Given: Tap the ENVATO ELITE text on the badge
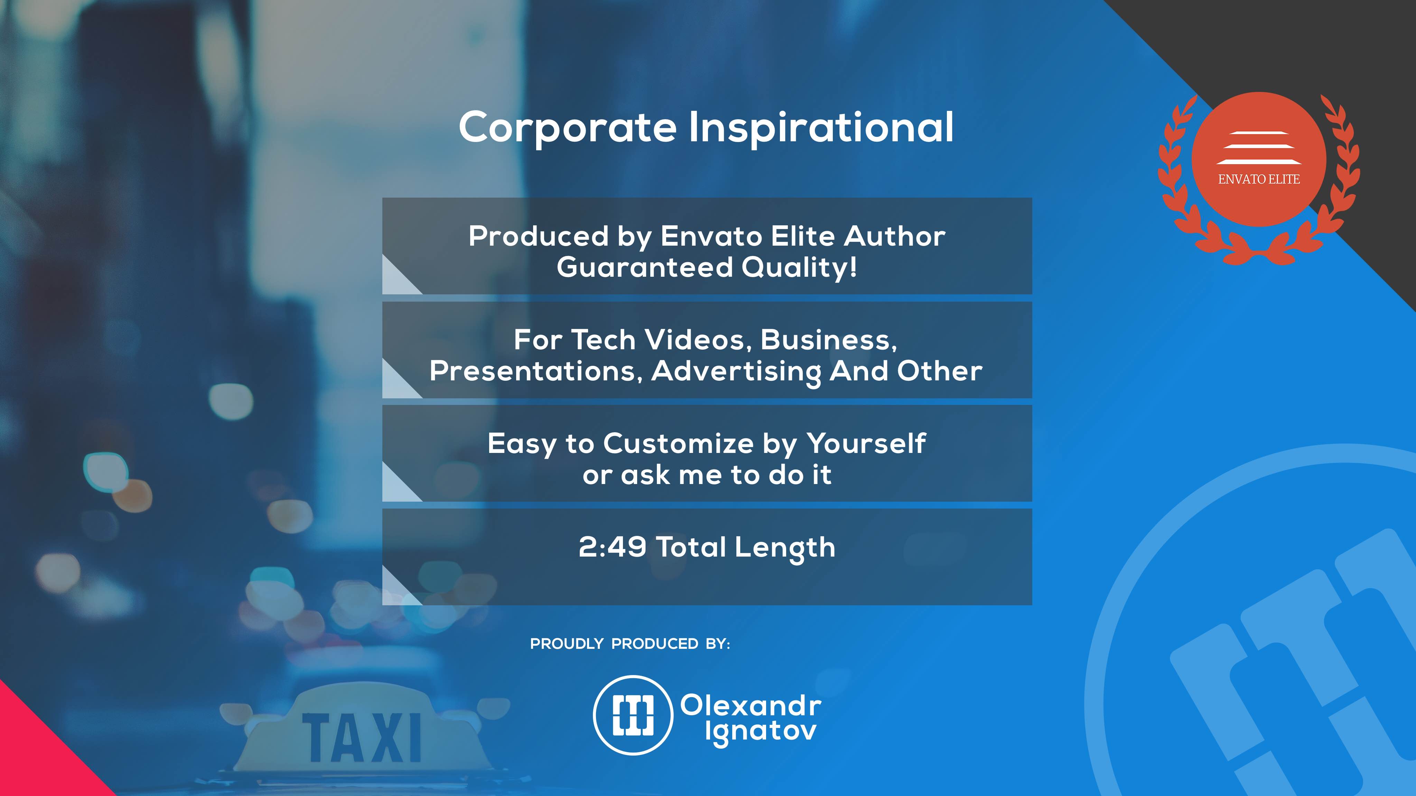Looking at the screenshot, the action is (1259, 179).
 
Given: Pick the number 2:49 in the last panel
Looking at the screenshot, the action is (612, 547).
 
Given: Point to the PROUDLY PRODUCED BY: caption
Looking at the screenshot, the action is (630, 644).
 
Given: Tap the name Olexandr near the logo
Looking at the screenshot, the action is (751, 705).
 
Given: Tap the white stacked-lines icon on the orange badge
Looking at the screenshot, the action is (1259, 148).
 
